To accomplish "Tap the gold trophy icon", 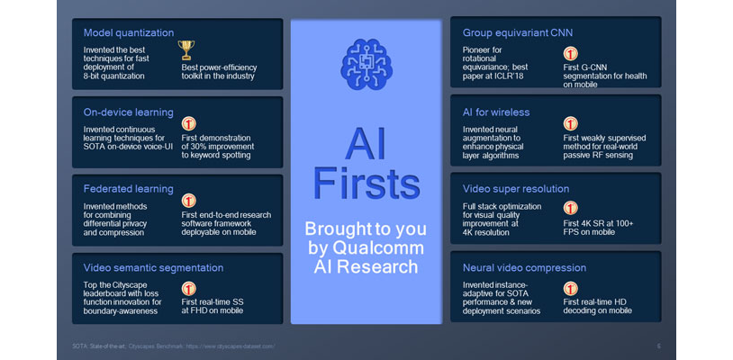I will coord(187,49).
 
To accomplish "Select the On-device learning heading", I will coord(127,112).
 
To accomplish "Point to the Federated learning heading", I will coord(127,189).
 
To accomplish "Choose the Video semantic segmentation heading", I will coord(152,267).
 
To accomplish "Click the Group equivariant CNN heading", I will coord(517,32).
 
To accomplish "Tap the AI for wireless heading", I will coord(495,112).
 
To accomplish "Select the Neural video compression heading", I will coord(519,267).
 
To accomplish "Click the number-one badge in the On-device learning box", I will coord(189,125).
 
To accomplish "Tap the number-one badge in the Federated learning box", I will coord(189,202).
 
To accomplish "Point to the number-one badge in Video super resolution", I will coord(571,208).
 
